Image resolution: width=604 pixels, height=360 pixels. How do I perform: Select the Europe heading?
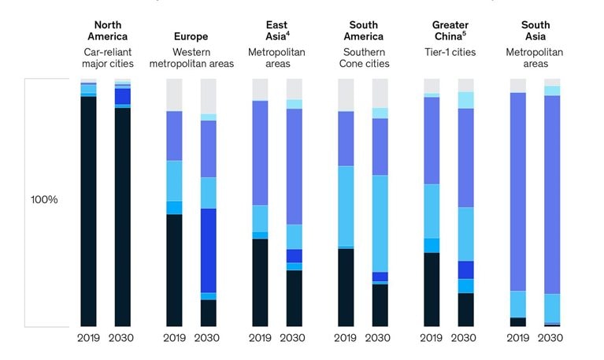pos(191,36)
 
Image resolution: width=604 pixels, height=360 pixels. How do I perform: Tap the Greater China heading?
pos(450,30)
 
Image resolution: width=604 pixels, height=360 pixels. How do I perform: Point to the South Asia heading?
pos(535,30)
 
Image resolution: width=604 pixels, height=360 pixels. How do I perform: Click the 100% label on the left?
pos(44,200)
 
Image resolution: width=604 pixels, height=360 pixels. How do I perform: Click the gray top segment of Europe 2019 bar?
pos(174,95)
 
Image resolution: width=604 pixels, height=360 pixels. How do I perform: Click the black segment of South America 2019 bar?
pos(346,288)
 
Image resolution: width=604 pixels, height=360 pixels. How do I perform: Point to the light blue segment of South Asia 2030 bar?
pos(552,308)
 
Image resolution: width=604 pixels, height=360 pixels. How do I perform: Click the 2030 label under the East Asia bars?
pos(294,338)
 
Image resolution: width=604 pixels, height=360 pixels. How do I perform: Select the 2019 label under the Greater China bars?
pos(432,338)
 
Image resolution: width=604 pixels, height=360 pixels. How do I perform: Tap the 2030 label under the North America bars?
pos(123,338)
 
